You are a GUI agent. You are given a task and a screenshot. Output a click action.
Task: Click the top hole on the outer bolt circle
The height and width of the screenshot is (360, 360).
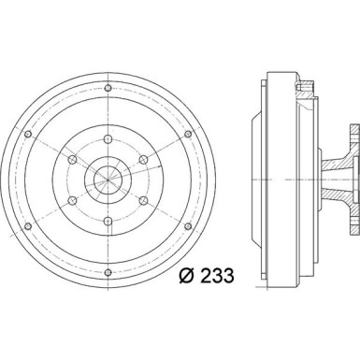(x=108, y=88)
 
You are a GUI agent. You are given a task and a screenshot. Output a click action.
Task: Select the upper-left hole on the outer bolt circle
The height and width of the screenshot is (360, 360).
(x=28, y=134)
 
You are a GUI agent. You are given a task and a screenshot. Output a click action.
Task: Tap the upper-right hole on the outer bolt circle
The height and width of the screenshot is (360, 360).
(x=188, y=134)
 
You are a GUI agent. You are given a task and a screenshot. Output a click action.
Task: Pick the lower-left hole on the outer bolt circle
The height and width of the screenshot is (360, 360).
(x=28, y=226)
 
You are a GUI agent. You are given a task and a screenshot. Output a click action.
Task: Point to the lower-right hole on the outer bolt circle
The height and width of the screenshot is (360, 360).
(x=188, y=226)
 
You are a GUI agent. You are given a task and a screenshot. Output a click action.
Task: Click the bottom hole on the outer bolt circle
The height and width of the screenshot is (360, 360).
(x=108, y=273)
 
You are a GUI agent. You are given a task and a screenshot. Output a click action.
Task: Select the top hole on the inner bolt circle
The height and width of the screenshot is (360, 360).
(x=108, y=139)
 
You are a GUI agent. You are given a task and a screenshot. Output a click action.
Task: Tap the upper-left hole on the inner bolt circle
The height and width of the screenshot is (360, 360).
(x=72, y=160)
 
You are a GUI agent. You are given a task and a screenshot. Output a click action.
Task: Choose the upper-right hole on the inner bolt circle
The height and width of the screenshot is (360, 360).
(x=143, y=160)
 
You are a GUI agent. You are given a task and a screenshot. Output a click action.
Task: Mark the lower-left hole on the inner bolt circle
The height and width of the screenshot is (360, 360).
(x=72, y=200)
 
